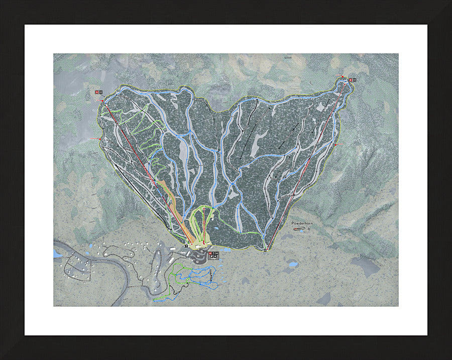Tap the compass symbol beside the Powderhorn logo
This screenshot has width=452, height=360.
[x=315, y=229]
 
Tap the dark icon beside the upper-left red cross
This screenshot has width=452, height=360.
[x=101, y=92]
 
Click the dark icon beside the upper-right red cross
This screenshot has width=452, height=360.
[x=354, y=79]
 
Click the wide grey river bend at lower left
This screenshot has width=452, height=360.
[x=116, y=291]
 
